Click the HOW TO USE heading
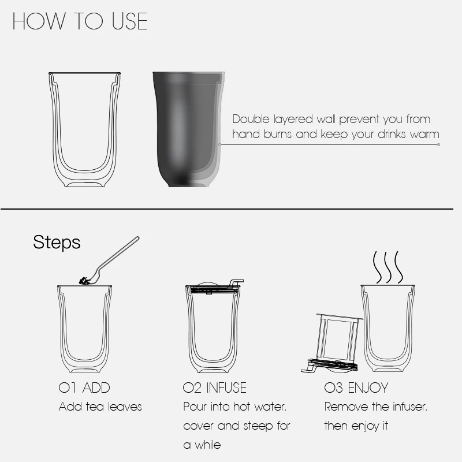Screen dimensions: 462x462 tap(80, 21)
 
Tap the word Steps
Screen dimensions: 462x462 tap(57, 243)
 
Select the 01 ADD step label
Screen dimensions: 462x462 tap(84, 388)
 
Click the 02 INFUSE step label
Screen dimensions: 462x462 tap(214, 388)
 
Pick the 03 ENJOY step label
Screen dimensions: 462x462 tap(356, 388)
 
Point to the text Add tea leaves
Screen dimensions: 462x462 tap(100, 407)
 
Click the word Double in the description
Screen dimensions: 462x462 tap(251, 119)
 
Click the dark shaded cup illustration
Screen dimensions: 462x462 tap(189, 129)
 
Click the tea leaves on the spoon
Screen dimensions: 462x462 tap(84, 281)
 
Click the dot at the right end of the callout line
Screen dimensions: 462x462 tap(439, 145)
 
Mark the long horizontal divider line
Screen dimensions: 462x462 tap(227, 209)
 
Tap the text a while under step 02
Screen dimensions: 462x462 tap(202, 445)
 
